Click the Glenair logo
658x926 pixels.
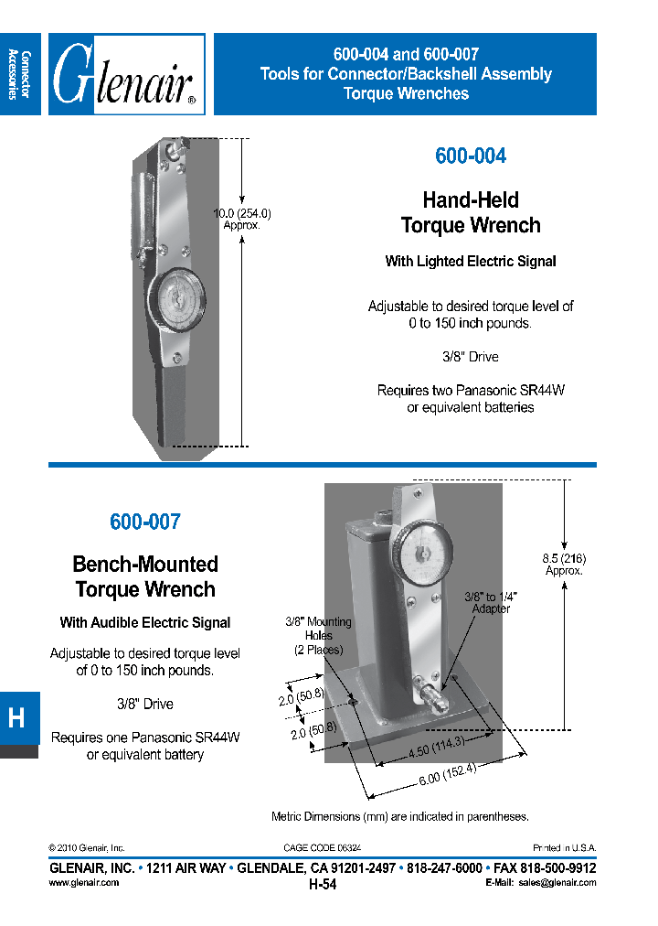pos(126,75)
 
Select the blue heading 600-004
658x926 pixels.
pos(470,156)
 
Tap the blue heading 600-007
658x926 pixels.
pos(144,522)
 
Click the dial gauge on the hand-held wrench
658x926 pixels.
pos(175,299)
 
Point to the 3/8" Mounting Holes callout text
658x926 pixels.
pos(318,636)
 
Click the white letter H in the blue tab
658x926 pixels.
pos(16,718)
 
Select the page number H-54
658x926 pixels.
pos(324,884)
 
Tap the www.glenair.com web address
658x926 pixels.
pos(83,883)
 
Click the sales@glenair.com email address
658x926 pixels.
pos(557,883)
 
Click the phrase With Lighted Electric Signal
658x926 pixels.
pos(470,262)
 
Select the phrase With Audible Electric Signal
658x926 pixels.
pos(144,623)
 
